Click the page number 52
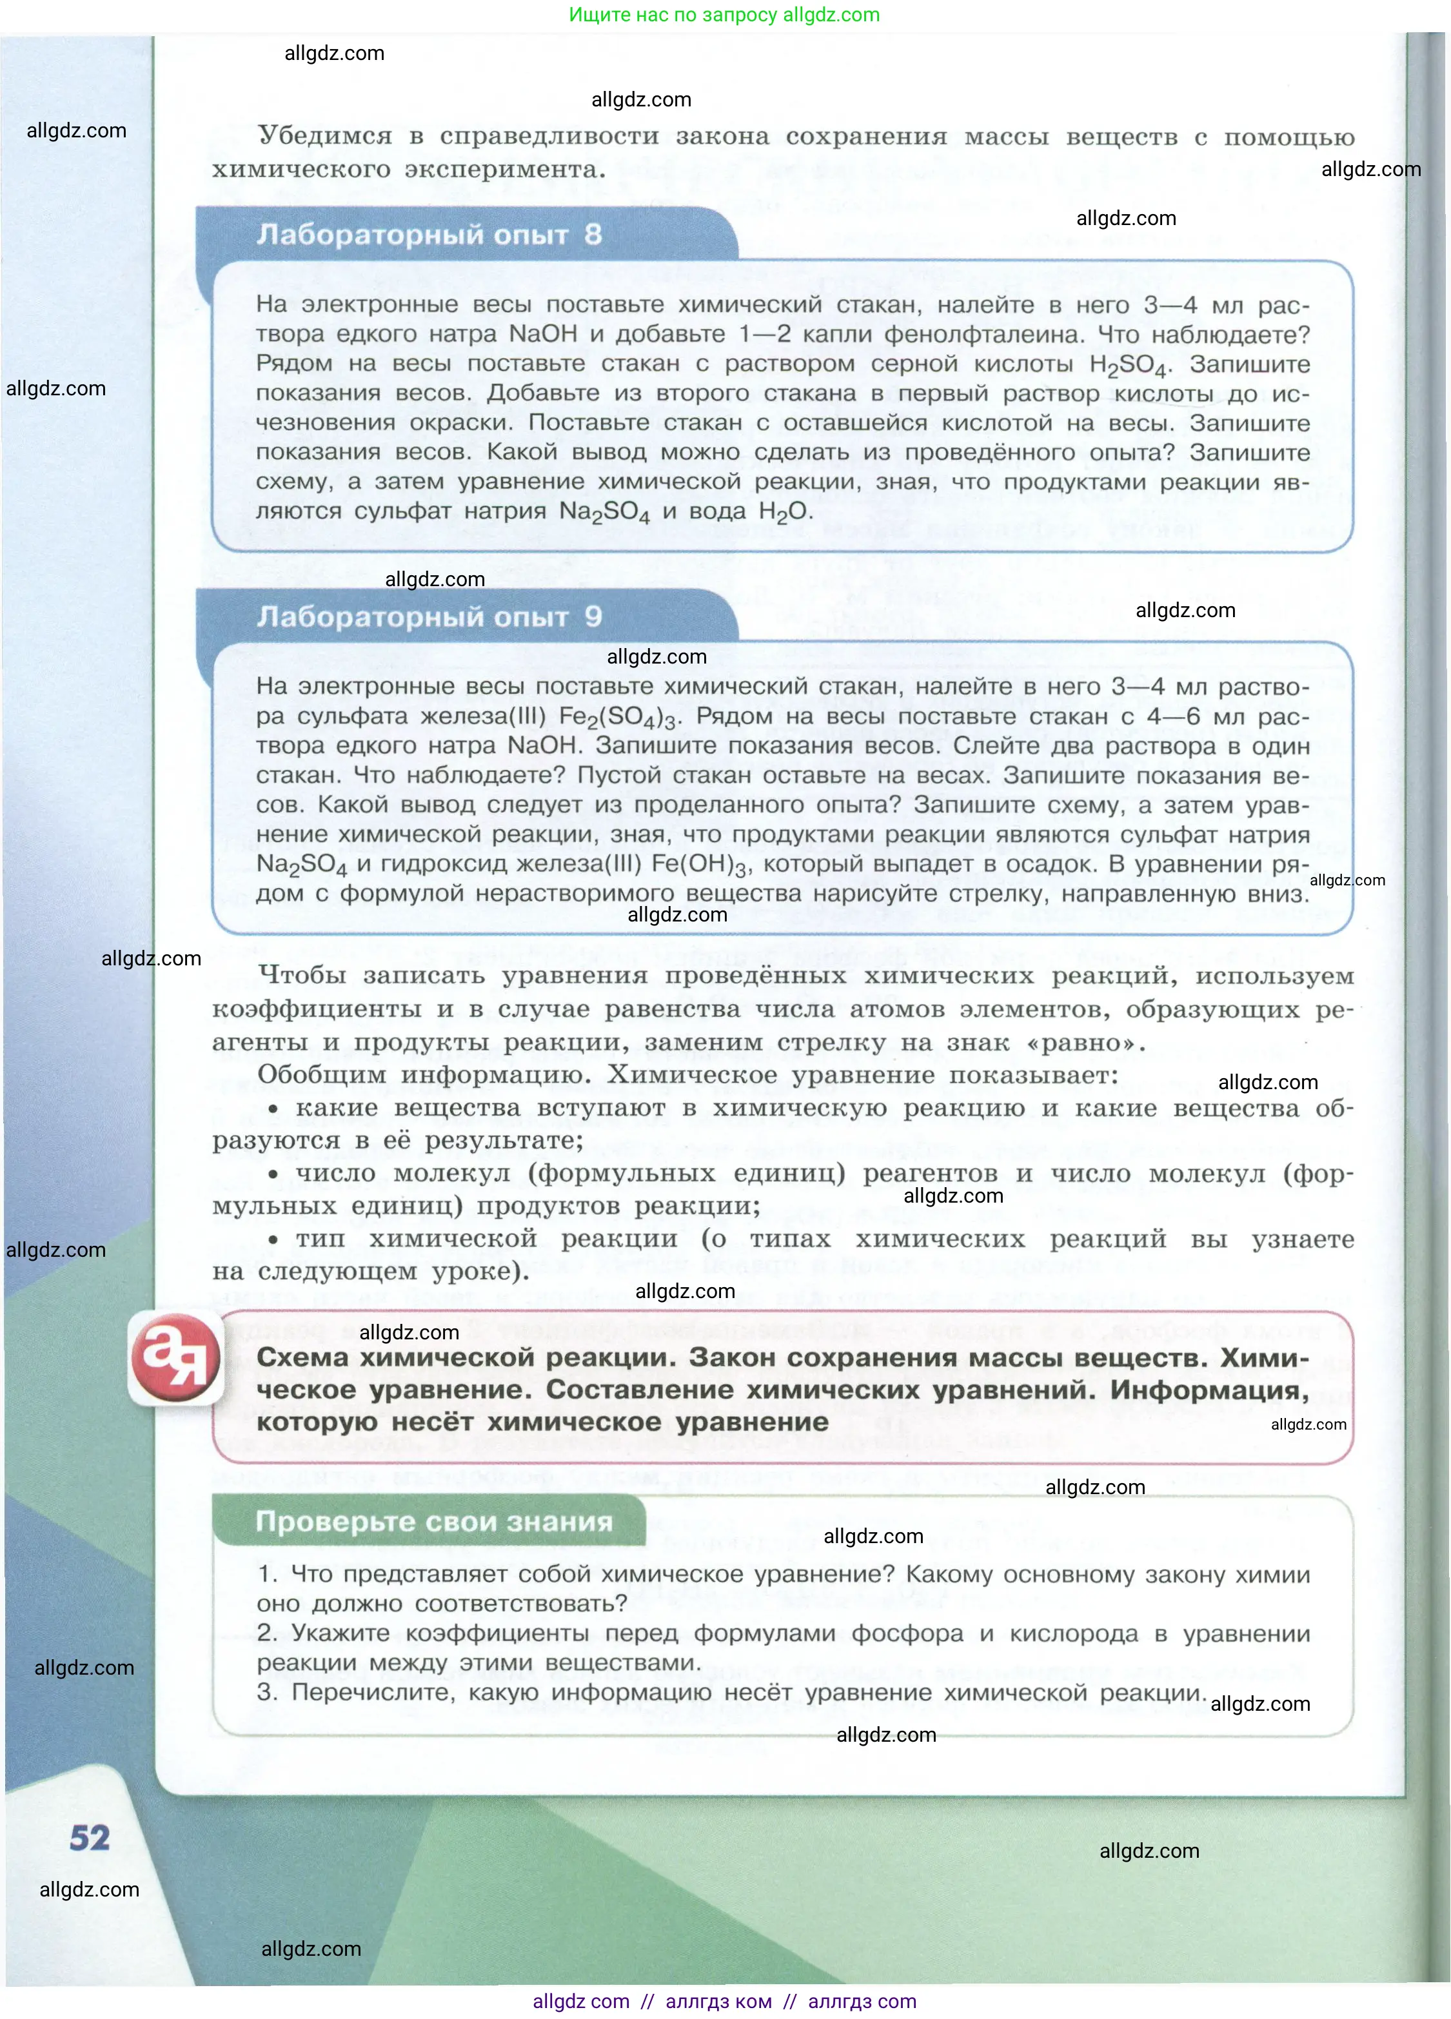[x=90, y=1837]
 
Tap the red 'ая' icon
[x=175, y=1356]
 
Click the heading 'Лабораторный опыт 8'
[x=429, y=234]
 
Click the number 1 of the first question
[x=265, y=1575]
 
